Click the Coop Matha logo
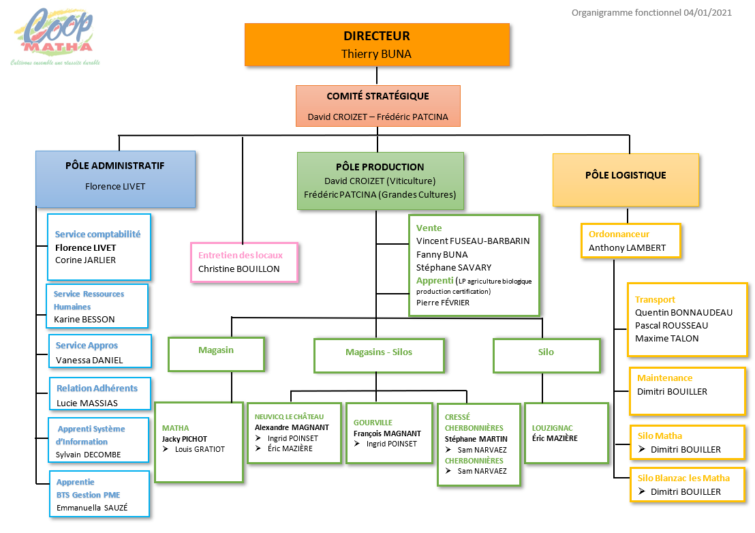[x=55, y=37]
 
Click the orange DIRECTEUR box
[x=377, y=45]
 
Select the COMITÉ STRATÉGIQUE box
[x=378, y=106]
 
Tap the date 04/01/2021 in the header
[x=707, y=12]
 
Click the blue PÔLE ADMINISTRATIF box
[x=116, y=179]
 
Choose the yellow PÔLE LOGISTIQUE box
[x=626, y=180]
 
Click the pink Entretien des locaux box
[x=244, y=262]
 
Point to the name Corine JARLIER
[x=85, y=260]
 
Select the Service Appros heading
[x=87, y=345]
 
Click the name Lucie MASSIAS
[x=87, y=403]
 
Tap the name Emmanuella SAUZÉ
[x=92, y=508]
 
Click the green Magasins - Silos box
[x=379, y=356]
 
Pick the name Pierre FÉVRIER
[x=442, y=303]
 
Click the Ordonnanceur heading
[x=619, y=234]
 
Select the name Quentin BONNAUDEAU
[x=683, y=312]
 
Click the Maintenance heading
[x=664, y=378]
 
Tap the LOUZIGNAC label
[x=553, y=428]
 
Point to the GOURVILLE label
[x=373, y=423]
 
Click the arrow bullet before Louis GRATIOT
[x=165, y=449]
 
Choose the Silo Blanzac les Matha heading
[x=683, y=478]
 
